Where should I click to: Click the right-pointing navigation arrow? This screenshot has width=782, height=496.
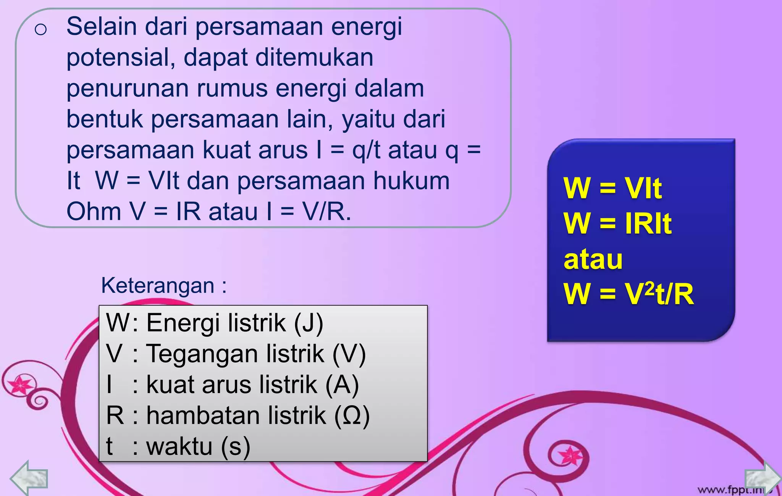[762, 478]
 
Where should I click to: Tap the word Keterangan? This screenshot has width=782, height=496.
[157, 285]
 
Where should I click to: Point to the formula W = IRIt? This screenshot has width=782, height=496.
[617, 223]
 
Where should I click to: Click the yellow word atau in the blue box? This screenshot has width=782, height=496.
[593, 259]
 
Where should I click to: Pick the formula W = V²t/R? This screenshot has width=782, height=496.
[628, 294]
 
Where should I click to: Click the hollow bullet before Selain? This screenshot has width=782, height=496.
[40, 29]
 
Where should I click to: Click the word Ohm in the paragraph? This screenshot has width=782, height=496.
[94, 211]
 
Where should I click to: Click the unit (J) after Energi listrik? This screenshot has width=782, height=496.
[308, 323]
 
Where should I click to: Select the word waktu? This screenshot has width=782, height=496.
[179, 446]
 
